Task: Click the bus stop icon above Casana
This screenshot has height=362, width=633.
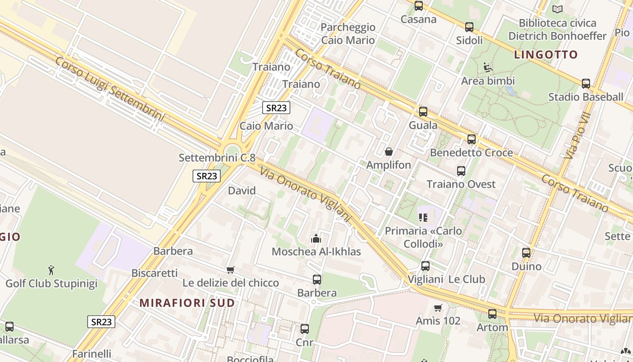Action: (419, 6)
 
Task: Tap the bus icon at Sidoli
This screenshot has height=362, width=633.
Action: (469, 27)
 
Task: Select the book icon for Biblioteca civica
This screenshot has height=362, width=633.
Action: (557, 9)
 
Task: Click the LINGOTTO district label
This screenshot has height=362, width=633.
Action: (546, 55)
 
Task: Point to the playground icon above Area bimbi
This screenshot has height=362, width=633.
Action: (488, 68)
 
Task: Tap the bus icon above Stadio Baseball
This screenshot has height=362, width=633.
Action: (586, 84)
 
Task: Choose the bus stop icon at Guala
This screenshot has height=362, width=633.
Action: (423, 112)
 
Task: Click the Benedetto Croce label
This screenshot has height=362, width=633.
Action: (471, 152)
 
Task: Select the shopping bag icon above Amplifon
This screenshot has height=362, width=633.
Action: (388, 152)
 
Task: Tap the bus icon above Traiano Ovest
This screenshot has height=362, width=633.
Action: (461, 171)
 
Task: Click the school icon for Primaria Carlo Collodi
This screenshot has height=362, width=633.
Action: (423, 218)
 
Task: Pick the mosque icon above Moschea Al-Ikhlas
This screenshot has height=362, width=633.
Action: (316, 238)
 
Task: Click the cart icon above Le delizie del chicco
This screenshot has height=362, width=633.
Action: (231, 270)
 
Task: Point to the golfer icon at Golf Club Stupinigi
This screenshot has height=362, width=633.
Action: (51, 270)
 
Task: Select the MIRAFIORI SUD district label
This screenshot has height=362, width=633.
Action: (187, 303)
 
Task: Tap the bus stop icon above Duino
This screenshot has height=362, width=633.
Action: (526, 253)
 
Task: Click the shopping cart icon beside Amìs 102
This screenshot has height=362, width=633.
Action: (438, 308)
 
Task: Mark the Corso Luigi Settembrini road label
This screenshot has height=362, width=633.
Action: (109, 89)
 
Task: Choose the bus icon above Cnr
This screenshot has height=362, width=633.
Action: (305, 329)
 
